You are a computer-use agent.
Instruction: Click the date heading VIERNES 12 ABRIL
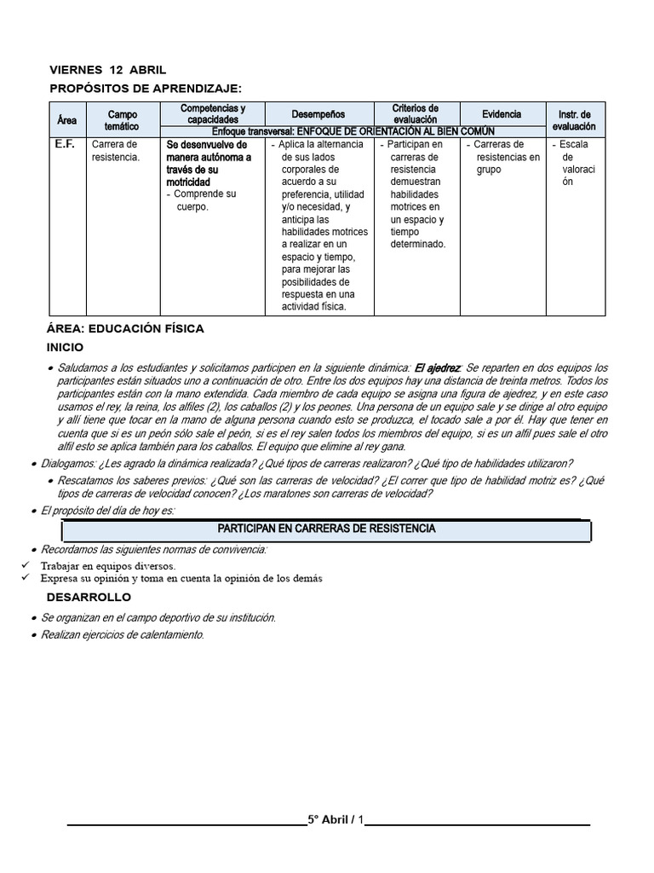[107, 70]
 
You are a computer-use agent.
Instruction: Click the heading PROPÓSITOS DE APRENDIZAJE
[146, 88]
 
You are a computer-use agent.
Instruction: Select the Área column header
[66, 121]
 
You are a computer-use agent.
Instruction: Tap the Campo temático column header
[122, 120]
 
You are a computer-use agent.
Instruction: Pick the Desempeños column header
[318, 113]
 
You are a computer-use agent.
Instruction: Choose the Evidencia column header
[502, 113]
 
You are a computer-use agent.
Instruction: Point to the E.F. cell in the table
[65, 144]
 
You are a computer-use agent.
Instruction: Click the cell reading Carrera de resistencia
[114, 151]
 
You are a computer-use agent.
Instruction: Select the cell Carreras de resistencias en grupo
[506, 157]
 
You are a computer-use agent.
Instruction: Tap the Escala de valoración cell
[574, 163]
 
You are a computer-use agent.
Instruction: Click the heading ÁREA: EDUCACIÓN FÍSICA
[125, 328]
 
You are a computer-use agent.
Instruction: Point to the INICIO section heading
[65, 347]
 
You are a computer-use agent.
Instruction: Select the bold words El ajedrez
[436, 367]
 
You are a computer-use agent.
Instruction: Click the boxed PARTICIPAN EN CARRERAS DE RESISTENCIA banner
[326, 529]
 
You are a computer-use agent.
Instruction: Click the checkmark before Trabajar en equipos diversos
[26, 565]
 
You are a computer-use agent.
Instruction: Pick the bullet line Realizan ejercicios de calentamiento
[123, 635]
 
